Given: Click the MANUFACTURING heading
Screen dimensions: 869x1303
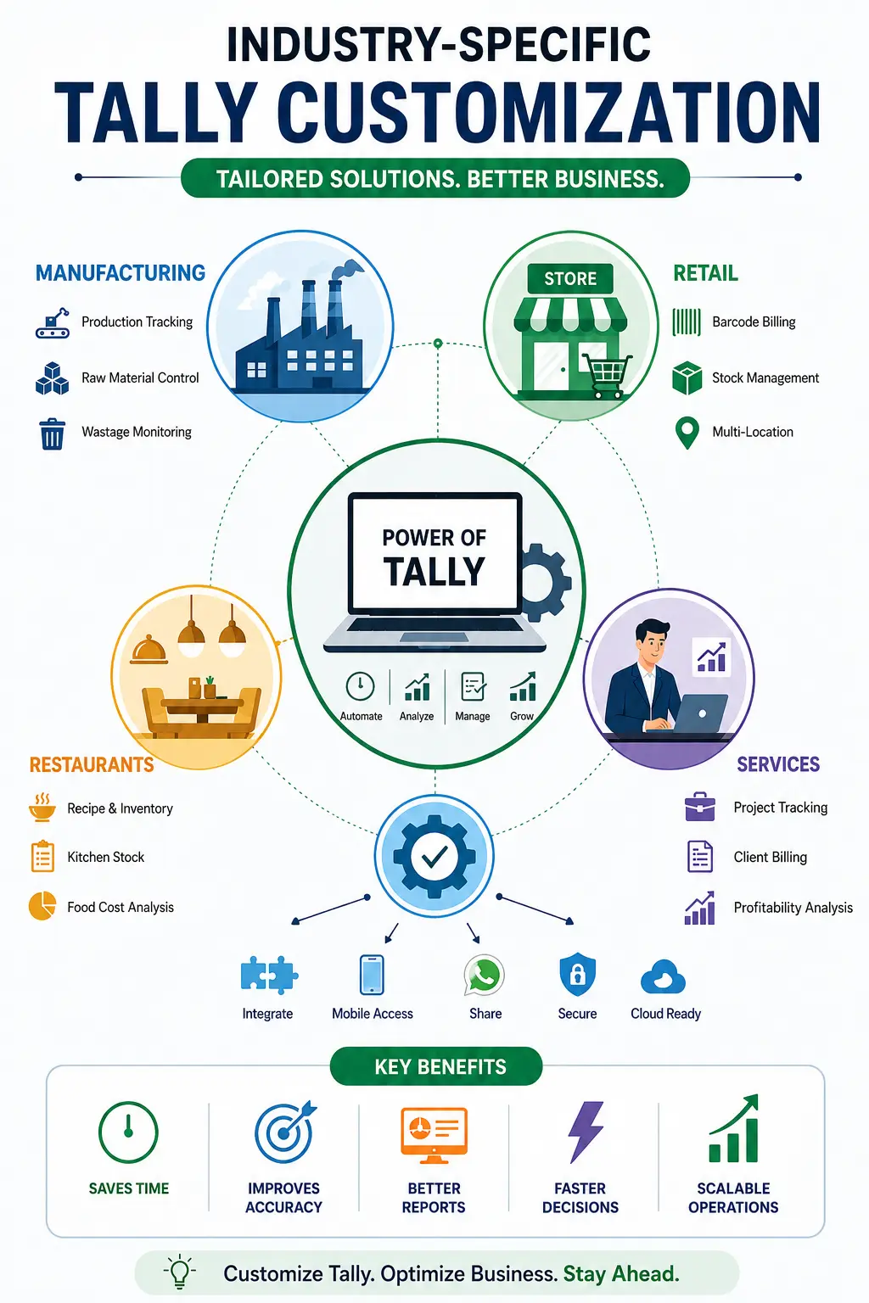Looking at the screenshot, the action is (x=121, y=273).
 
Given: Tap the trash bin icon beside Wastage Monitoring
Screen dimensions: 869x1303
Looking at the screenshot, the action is (x=53, y=434).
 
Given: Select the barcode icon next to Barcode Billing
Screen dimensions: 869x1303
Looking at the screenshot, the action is (x=687, y=322).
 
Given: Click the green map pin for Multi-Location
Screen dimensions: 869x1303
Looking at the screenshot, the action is (x=687, y=433).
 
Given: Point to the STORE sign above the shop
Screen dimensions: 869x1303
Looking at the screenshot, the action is (x=570, y=278).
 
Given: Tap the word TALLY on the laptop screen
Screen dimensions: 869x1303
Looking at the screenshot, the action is (x=434, y=571).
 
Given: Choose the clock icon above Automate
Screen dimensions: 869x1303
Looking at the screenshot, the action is (x=361, y=686).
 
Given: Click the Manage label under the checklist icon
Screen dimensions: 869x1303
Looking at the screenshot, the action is (x=473, y=716).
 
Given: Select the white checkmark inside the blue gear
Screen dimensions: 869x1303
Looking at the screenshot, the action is (x=434, y=856).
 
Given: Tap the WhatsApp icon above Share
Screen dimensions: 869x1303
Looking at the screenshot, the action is (x=485, y=975).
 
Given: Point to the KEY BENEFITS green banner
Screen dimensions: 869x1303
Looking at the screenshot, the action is (x=436, y=1066).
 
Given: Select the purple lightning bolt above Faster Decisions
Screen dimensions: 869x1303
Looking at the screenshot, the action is (x=586, y=1132).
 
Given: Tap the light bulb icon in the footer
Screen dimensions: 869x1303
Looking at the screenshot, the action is (x=180, y=1272).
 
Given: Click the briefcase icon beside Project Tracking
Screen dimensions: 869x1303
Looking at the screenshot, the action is (x=699, y=807).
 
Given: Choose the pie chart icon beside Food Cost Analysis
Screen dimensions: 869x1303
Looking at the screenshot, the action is (x=42, y=906).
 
